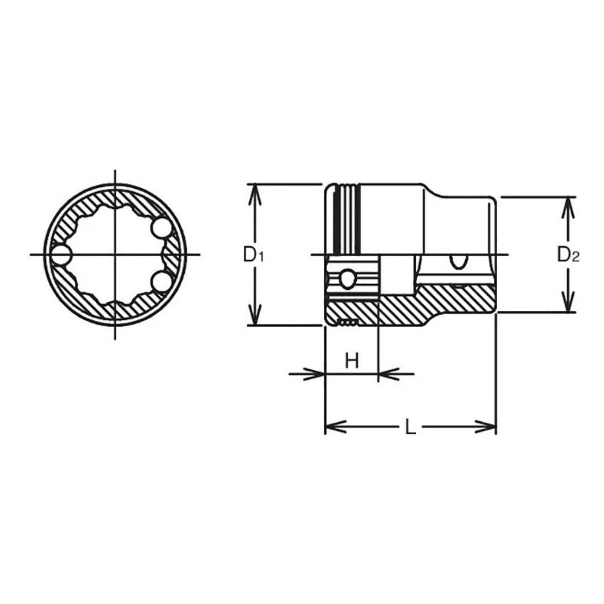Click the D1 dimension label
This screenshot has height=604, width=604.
click(253, 255)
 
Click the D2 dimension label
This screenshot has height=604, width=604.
click(568, 255)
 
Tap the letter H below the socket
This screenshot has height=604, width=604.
click(351, 361)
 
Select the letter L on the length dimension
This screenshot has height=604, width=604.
click(410, 428)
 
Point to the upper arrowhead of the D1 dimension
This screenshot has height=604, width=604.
click(255, 190)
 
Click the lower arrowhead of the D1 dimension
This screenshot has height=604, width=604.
click(255, 319)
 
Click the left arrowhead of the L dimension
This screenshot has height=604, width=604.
click(332, 427)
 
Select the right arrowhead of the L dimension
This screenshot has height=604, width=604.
click(489, 427)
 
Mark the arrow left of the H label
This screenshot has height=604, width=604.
click(317, 373)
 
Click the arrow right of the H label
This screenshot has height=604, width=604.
click(387, 373)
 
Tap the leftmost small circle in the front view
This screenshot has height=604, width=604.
click(60, 255)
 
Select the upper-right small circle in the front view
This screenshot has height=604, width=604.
click(161, 228)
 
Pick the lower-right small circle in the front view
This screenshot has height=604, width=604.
click(161, 282)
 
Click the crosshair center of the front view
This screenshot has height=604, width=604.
click(115, 255)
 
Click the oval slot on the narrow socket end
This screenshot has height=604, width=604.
click(459, 261)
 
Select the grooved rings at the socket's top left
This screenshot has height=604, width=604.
click(345, 218)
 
